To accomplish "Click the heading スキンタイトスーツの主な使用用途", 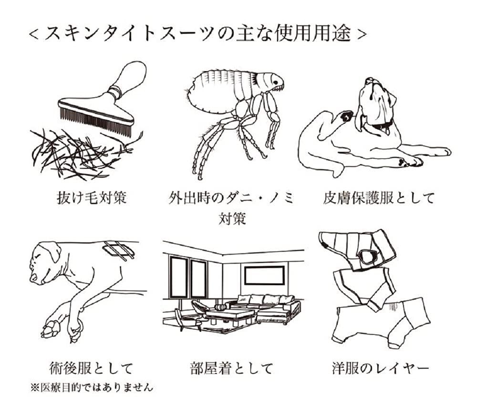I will [x=198, y=34].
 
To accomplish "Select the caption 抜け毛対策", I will [x=90, y=197].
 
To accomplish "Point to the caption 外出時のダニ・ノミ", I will [x=232, y=197].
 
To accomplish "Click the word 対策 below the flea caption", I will [x=232, y=219].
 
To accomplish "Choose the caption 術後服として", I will [x=90, y=368].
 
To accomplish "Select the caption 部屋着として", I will [x=231, y=368].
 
